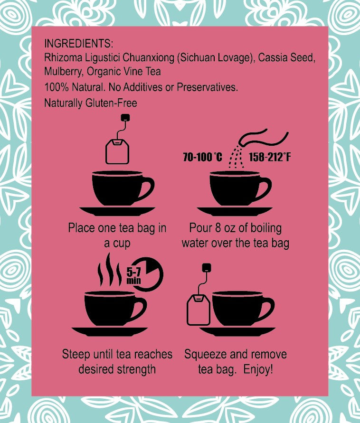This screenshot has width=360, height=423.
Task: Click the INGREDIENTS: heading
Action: click(78, 44)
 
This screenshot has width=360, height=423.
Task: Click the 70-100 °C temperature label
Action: click(202, 157)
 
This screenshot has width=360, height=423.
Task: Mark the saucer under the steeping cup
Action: click(110, 330)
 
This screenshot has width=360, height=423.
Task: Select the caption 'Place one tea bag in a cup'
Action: click(117, 235)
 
